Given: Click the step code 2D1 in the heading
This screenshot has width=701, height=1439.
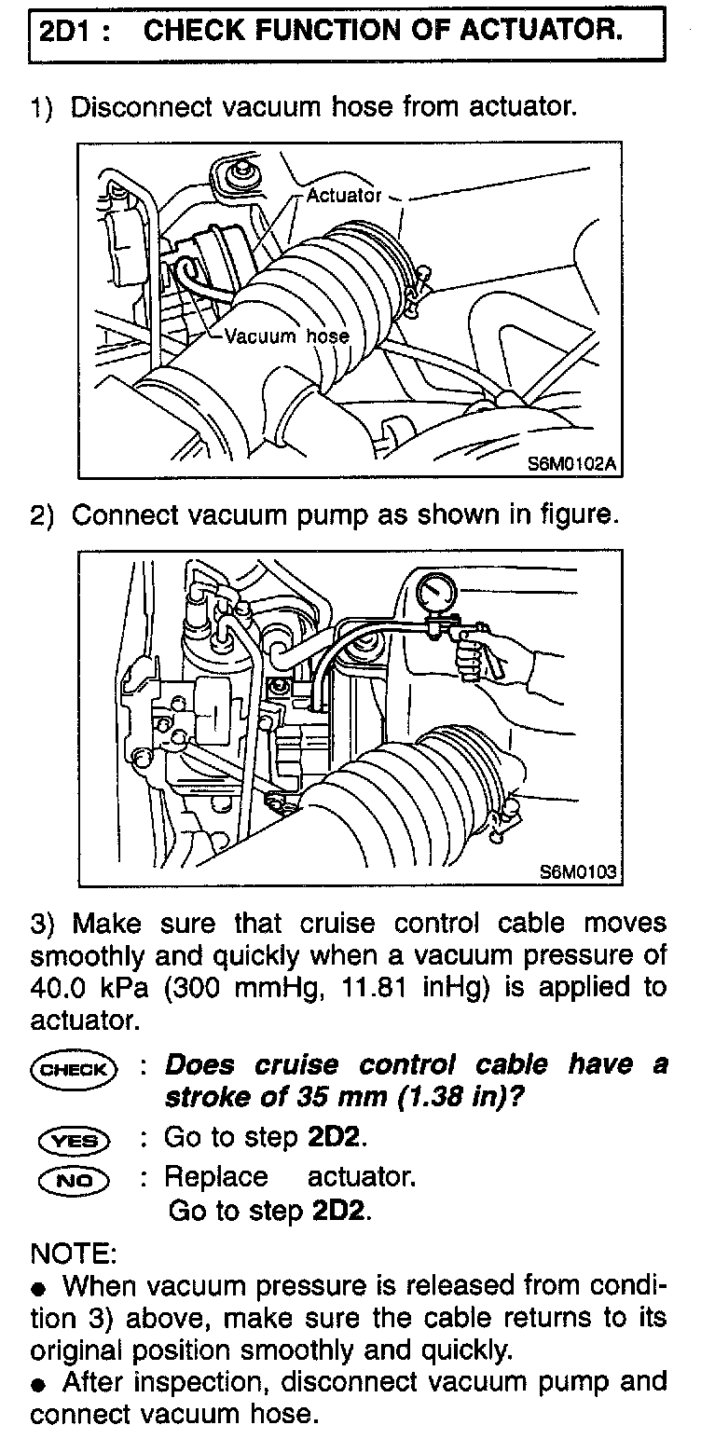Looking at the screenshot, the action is [69, 31].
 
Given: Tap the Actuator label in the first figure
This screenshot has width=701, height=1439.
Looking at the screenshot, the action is [343, 196].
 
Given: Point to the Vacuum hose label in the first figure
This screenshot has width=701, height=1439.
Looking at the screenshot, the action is [286, 336].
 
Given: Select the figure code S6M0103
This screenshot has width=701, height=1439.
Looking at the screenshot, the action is [578, 872].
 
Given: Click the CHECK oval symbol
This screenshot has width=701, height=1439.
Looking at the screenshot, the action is [74, 1068].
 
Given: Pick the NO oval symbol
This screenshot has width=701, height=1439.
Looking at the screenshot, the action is [74, 1178].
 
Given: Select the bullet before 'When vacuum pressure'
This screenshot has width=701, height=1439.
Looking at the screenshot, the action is [38, 1289].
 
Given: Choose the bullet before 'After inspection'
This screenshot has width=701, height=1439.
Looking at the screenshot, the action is [38, 1384].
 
